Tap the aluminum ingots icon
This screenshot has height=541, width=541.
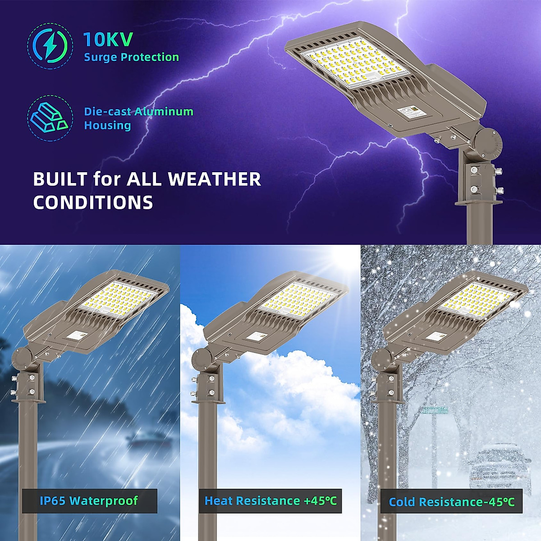tap(50, 118)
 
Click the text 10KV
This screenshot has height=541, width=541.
tap(108, 40)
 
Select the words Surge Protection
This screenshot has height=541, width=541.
tap(131, 57)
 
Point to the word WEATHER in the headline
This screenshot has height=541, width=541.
tap(214, 179)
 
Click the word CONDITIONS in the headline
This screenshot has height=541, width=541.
tap(93, 202)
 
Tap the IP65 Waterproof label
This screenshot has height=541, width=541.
tap(89, 500)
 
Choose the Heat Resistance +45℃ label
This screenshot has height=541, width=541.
tap(270, 500)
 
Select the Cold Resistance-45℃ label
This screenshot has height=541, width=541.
tap(451, 502)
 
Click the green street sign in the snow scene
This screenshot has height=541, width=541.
tap(435, 410)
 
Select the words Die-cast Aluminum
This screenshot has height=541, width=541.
tap(138, 112)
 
